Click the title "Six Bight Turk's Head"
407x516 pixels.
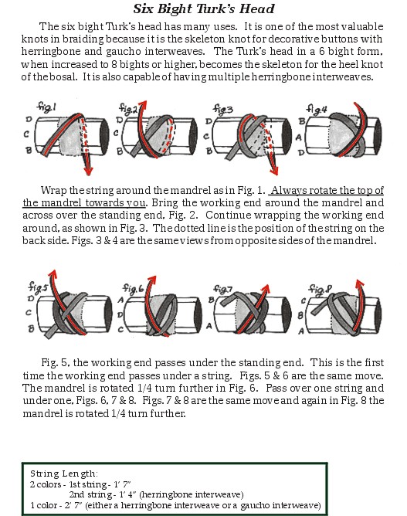coord(204,8)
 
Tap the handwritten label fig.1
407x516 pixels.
coord(46,107)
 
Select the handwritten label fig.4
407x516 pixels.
coord(317,109)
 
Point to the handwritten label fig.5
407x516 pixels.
coord(38,286)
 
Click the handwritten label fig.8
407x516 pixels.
coord(320,289)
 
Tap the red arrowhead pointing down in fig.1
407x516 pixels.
coord(88,171)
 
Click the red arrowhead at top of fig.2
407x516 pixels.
coord(143,106)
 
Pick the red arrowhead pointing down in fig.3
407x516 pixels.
coord(273,170)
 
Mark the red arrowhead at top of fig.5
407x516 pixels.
coord(53,275)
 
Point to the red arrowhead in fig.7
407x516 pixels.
coord(265,290)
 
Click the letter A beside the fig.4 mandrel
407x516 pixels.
coord(299,137)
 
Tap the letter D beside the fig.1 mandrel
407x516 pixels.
coord(29,119)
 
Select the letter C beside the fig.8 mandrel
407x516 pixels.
coord(304,300)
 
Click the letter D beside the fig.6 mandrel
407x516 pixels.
coord(120,314)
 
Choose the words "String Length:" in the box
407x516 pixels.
coord(64,474)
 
